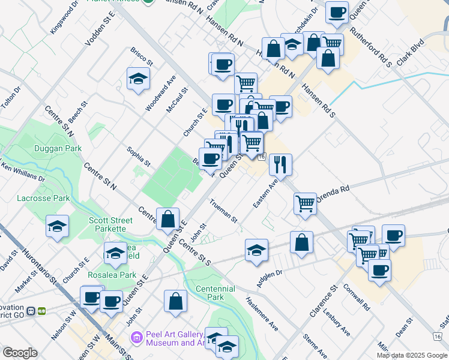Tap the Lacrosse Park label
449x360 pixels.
tap(44, 198)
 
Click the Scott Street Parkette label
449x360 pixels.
tap(107, 224)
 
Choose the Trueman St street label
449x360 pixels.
tap(224, 211)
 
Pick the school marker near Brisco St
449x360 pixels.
tap(138, 78)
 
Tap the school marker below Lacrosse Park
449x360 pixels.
tap(57, 226)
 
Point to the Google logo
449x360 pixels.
tap(20, 353)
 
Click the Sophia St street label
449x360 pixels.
tap(138, 156)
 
